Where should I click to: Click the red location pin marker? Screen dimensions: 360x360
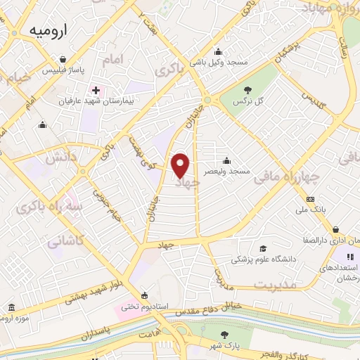point(181,165)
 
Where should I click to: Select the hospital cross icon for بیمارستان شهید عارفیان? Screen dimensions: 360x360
point(96,91)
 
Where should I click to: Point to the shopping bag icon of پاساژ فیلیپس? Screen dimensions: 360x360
point(63,60)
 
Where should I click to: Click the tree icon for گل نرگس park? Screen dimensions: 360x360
point(248,89)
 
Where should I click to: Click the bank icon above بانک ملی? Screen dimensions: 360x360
point(310,200)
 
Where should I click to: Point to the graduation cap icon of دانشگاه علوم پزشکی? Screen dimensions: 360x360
point(263,249)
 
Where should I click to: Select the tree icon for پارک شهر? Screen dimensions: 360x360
point(224,335)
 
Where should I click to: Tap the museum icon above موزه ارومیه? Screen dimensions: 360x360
point(12,308)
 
